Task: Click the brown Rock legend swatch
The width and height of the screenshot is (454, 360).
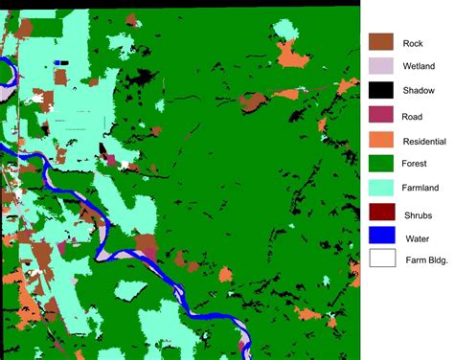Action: click(x=382, y=42)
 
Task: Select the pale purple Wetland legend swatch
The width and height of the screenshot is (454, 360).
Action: click(x=382, y=67)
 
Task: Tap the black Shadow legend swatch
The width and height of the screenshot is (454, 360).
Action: click(x=382, y=91)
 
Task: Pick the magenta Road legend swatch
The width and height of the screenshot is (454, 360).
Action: click(x=382, y=116)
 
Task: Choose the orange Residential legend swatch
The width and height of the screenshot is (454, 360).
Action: click(x=382, y=140)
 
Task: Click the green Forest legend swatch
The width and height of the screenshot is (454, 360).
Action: click(x=382, y=165)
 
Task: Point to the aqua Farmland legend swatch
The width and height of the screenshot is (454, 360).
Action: click(x=382, y=189)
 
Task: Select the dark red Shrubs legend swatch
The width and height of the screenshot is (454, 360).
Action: click(x=382, y=214)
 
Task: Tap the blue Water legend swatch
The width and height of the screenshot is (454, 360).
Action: click(x=382, y=237)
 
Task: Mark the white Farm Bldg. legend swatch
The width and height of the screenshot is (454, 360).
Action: click(x=382, y=259)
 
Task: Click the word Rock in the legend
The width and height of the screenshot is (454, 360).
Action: click(x=413, y=43)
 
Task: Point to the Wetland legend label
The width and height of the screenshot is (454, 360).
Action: click(x=420, y=67)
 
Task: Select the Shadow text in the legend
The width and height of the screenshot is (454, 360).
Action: click(x=419, y=91)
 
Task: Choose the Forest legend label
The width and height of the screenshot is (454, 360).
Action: click(x=417, y=165)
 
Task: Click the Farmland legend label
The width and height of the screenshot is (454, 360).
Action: click(x=422, y=190)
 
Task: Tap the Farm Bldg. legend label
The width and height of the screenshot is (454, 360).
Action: click(x=425, y=259)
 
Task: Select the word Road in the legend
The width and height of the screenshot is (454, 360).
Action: click(x=413, y=116)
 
